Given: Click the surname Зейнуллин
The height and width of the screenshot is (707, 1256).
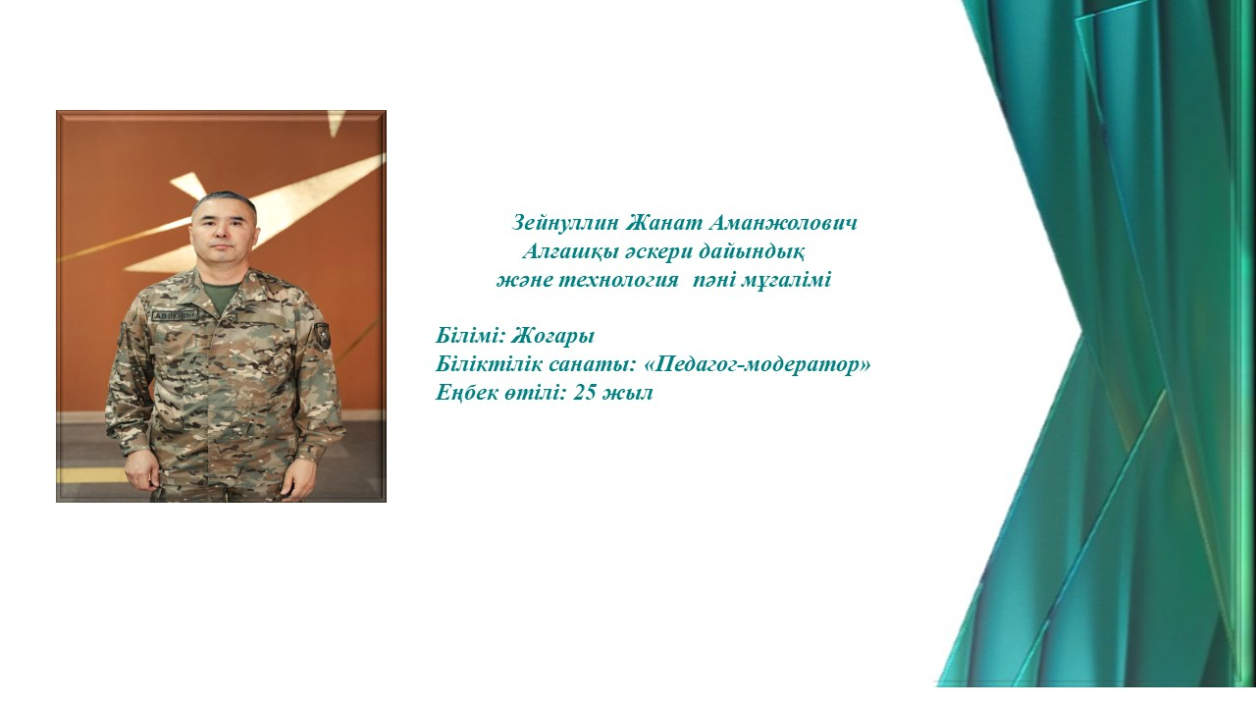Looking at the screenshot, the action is pyautogui.click(x=565, y=223).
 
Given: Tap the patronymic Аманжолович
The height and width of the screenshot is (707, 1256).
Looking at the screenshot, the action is pyautogui.click(x=783, y=223).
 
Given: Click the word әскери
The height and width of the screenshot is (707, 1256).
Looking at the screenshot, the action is pyautogui.click(x=657, y=252).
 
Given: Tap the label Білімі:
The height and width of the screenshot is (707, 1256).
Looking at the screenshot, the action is pyautogui.click(x=471, y=336).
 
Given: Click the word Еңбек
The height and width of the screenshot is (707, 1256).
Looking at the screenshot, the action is pyautogui.click(x=466, y=393).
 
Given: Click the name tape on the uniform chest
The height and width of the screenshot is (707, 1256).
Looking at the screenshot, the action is pyautogui.click(x=176, y=316).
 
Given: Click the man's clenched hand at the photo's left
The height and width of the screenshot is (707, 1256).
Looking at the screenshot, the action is pyautogui.click(x=142, y=469).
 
